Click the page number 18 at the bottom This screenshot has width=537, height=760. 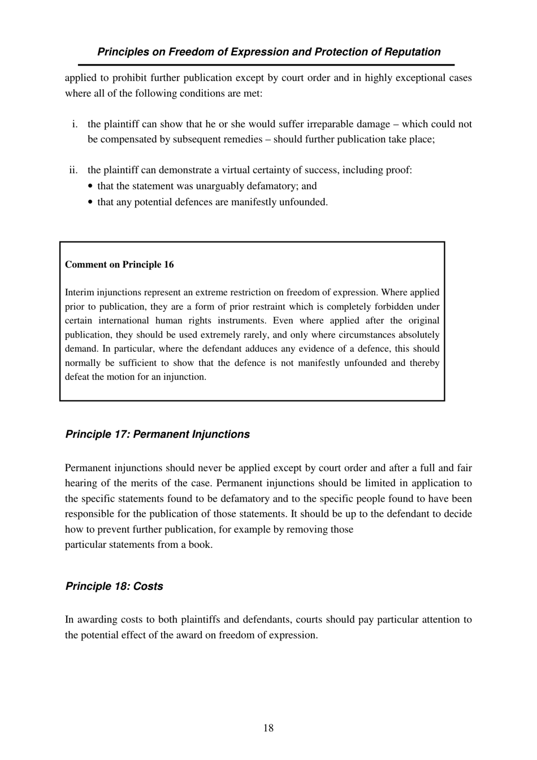click(268, 728)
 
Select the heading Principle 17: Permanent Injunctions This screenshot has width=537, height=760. click(157, 434)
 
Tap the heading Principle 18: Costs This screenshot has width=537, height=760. click(114, 586)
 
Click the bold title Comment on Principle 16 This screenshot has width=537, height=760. click(119, 265)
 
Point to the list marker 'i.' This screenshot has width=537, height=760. click(75, 124)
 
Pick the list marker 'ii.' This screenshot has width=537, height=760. click(73, 170)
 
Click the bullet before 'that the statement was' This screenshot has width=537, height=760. click(92, 187)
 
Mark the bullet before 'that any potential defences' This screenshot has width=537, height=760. click(92, 202)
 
